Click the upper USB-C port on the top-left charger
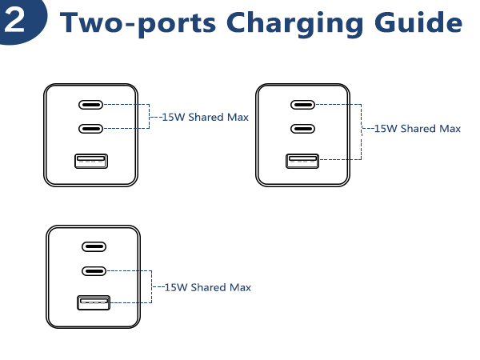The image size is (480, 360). pyautogui.click(x=90, y=105)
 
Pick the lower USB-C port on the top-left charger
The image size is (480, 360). pyautogui.click(x=90, y=128)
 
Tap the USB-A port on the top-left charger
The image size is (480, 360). pyautogui.click(x=90, y=162)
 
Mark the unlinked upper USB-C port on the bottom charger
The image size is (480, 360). pyautogui.click(x=94, y=248)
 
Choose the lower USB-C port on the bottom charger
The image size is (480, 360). pyautogui.click(x=94, y=270)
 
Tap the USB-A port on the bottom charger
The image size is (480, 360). pyautogui.click(x=94, y=303)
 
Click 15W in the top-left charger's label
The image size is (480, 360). pyautogui.click(x=172, y=118)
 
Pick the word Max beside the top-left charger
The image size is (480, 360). pyautogui.click(x=237, y=118)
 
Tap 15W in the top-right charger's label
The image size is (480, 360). pyautogui.click(x=385, y=128)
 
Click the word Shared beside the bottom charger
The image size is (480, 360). pyautogui.click(x=208, y=287)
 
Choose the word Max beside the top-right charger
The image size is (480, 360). pyautogui.click(x=450, y=128)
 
